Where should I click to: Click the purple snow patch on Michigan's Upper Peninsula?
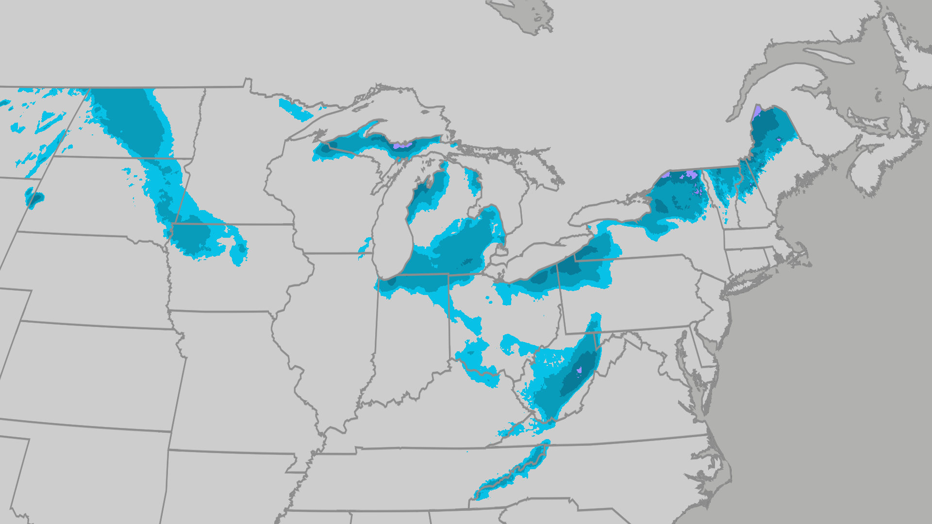pos(402,145)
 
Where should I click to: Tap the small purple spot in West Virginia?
pos(579,371)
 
